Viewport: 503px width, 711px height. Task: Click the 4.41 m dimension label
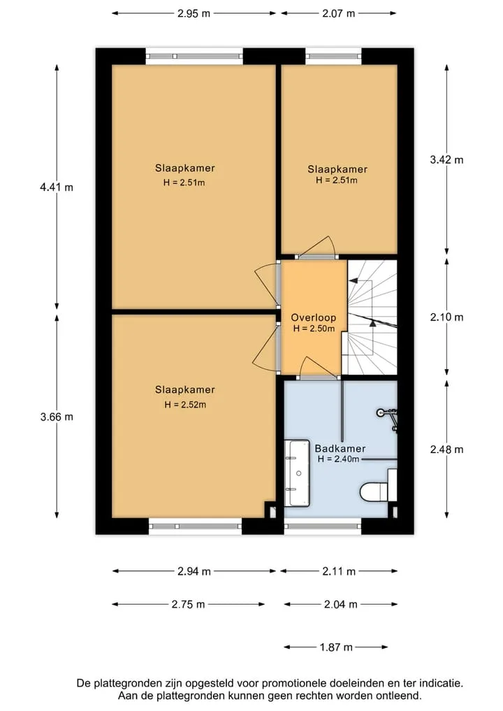tap(57, 187)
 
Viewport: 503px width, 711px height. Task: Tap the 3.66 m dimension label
tap(57, 417)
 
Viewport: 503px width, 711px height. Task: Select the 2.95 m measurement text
tap(194, 13)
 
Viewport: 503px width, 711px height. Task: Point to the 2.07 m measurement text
tap(339, 13)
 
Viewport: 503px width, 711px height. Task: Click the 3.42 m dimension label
tap(447, 159)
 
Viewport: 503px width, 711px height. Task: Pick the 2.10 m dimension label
tap(447, 317)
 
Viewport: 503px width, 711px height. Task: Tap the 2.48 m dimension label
tap(447, 450)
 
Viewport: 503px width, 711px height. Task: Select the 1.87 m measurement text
tap(336, 647)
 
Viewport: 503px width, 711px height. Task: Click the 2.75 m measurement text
tap(188, 604)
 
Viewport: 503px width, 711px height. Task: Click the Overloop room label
tap(314, 318)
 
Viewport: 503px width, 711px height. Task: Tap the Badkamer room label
tap(340, 448)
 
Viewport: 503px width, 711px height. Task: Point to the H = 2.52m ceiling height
tap(185, 405)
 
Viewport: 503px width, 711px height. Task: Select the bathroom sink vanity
tap(298, 473)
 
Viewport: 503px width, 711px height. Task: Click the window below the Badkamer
tap(323, 526)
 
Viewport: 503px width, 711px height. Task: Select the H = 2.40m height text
tap(339, 459)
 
